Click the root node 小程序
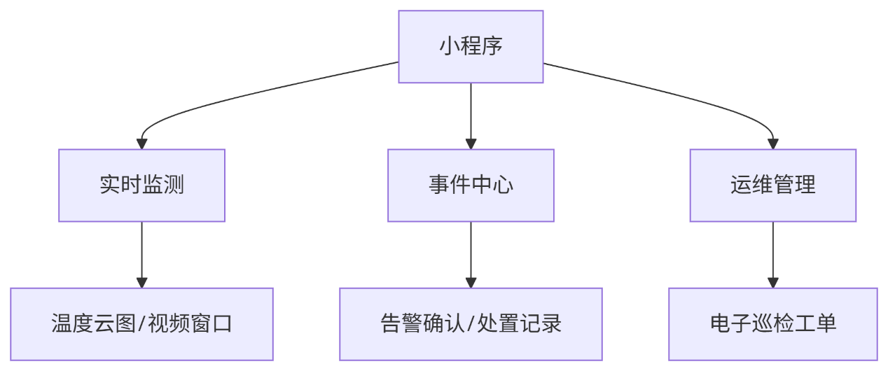471,46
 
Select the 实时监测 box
141,185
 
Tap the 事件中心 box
471,185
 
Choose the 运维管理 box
772,185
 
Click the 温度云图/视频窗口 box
141,324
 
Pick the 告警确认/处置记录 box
471,324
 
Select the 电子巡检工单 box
772,324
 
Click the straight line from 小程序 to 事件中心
471,112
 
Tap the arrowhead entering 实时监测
141,144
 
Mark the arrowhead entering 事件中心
471,144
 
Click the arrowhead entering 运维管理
772,144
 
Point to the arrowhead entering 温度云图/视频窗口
141,283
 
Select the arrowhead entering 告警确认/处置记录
471,283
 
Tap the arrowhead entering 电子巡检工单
772,283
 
